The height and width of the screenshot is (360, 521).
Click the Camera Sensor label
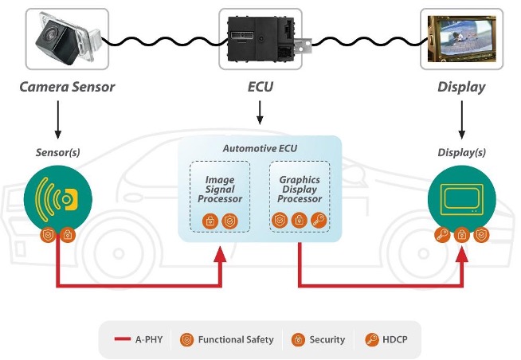(67, 87)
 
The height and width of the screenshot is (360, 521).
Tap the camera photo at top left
(68, 39)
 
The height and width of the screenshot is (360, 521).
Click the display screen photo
(461, 39)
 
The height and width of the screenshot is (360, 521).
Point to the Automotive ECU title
(260, 148)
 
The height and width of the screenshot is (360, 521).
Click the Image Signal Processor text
(220, 190)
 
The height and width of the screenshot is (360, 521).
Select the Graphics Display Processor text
(300, 190)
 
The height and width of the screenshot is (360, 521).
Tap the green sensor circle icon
(58, 200)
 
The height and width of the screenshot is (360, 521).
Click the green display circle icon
(461, 200)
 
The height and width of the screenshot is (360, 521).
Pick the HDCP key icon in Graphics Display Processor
(319, 220)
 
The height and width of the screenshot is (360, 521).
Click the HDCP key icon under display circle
(442, 235)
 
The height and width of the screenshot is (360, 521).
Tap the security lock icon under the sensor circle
(68, 235)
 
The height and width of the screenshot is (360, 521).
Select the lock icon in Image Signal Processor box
(210, 221)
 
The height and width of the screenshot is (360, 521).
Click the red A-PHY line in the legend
(122, 339)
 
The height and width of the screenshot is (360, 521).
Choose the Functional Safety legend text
(236, 339)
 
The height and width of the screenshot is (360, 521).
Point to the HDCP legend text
(395, 339)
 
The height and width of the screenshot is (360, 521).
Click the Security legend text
(327, 339)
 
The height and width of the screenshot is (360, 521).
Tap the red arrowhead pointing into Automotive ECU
(220, 254)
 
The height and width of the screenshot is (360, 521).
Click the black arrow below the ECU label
(260, 113)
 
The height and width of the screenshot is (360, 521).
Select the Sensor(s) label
(58, 152)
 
